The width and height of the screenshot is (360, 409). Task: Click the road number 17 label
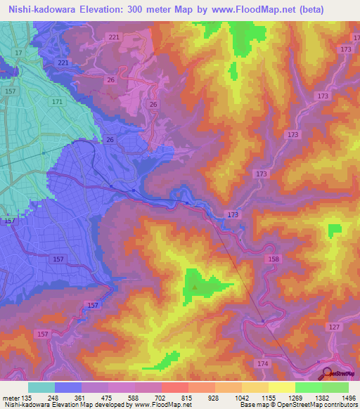tap(18, 53)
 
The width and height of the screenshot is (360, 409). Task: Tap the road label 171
tap(57, 103)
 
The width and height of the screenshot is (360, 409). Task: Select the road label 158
tap(273, 259)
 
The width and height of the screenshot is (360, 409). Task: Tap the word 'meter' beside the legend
tap(11, 398)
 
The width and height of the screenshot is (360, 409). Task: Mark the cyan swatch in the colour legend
tap(41, 387)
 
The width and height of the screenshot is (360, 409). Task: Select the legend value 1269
tap(296, 398)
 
